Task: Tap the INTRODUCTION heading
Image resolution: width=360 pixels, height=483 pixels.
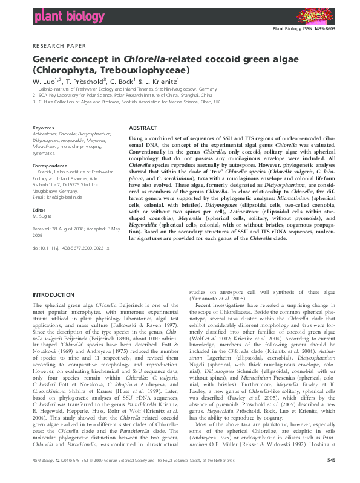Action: tap(53, 294)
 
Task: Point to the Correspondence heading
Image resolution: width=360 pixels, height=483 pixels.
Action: tap(50, 165)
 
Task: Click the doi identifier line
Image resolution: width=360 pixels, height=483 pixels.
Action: tap(70, 248)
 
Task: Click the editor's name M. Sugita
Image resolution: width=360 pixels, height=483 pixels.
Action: tap(42, 216)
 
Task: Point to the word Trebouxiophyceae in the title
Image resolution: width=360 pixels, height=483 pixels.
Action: tap(147, 70)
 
